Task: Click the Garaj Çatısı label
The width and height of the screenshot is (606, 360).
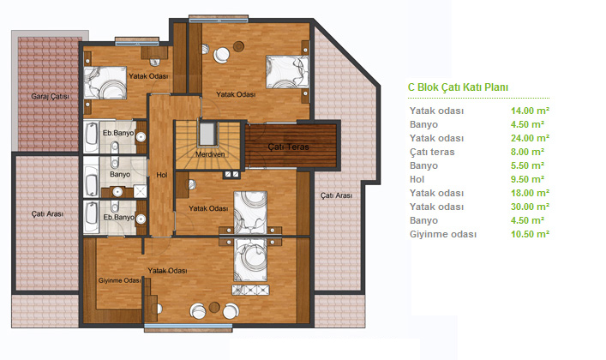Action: (x=51, y=96)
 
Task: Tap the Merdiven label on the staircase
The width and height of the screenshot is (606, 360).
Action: (x=210, y=154)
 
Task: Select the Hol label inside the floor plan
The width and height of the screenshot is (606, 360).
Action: (x=161, y=175)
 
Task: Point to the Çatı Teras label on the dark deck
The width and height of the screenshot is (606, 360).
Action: (x=288, y=147)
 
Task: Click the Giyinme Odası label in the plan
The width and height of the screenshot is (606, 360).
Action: (x=119, y=281)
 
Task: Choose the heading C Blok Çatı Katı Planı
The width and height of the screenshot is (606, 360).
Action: (x=458, y=87)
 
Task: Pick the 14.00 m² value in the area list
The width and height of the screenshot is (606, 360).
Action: (x=530, y=111)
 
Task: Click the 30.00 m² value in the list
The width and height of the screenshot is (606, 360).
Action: (x=530, y=207)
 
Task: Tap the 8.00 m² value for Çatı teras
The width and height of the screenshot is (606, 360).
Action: (x=527, y=152)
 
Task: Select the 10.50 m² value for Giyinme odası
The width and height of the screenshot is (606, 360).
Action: (x=530, y=234)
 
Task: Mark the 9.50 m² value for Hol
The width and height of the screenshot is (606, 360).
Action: (x=527, y=179)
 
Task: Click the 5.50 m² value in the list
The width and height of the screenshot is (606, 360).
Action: (x=527, y=166)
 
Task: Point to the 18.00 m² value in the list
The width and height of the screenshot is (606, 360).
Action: (x=530, y=194)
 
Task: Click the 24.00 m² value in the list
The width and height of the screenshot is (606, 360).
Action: (x=530, y=139)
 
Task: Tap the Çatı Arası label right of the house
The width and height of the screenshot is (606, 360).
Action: (x=336, y=195)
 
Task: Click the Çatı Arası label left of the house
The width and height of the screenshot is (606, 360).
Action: (x=47, y=213)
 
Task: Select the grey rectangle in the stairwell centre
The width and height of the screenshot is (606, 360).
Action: (x=207, y=134)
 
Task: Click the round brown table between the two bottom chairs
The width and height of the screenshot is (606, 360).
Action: (x=214, y=308)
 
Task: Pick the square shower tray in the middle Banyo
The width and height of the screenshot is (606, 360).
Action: (x=140, y=191)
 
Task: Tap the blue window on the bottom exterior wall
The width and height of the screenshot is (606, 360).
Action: (x=189, y=326)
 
